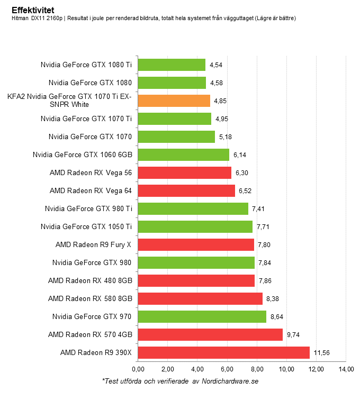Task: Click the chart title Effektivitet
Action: click(32, 10)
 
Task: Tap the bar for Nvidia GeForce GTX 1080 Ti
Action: click(172, 65)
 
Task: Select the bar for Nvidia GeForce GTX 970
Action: click(202, 316)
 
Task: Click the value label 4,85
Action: click(220, 101)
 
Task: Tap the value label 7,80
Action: click(264, 244)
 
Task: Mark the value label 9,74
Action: click(293, 334)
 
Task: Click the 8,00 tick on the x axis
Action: click(257, 369)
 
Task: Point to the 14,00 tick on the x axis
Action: click(346, 369)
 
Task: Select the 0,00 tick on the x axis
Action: click(138, 369)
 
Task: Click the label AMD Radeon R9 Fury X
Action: click(94, 244)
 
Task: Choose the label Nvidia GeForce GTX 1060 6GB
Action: click(82, 154)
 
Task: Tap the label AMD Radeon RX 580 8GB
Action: click(90, 298)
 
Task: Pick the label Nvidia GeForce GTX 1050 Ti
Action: click(86, 226)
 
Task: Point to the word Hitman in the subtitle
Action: click(21, 19)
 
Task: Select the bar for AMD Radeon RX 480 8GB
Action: click(196, 280)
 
